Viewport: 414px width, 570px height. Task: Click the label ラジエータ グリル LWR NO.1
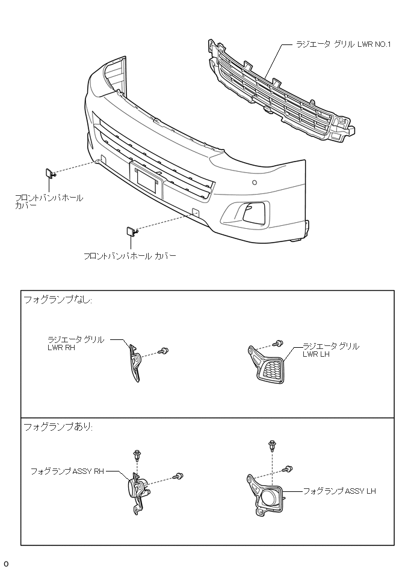pyautogui.click(x=344, y=44)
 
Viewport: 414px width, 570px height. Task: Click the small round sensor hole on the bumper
pyautogui.click(x=255, y=183)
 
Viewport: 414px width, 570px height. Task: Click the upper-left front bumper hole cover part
pyautogui.click(x=50, y=174)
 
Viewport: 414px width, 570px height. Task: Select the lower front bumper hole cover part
pyautogui.click(x=130, y=231)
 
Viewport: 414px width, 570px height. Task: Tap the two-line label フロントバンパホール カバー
pyautogui.click(x=49, y=201)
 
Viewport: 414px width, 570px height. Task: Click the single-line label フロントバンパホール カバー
pyautogui.click(x=130, y=256)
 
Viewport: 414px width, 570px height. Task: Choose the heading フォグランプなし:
pyautogui.click(x=58, y=300)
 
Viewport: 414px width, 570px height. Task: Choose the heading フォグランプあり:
pyautogui.click(x=58, y=426)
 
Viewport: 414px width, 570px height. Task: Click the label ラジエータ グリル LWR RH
pyautogui.click(x=75, y=343)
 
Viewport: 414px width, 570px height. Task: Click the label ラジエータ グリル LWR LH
pyautogui.click(x=331, y=350)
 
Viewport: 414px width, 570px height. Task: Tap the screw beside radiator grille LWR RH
pyautogui.click(x=163, y=351)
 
